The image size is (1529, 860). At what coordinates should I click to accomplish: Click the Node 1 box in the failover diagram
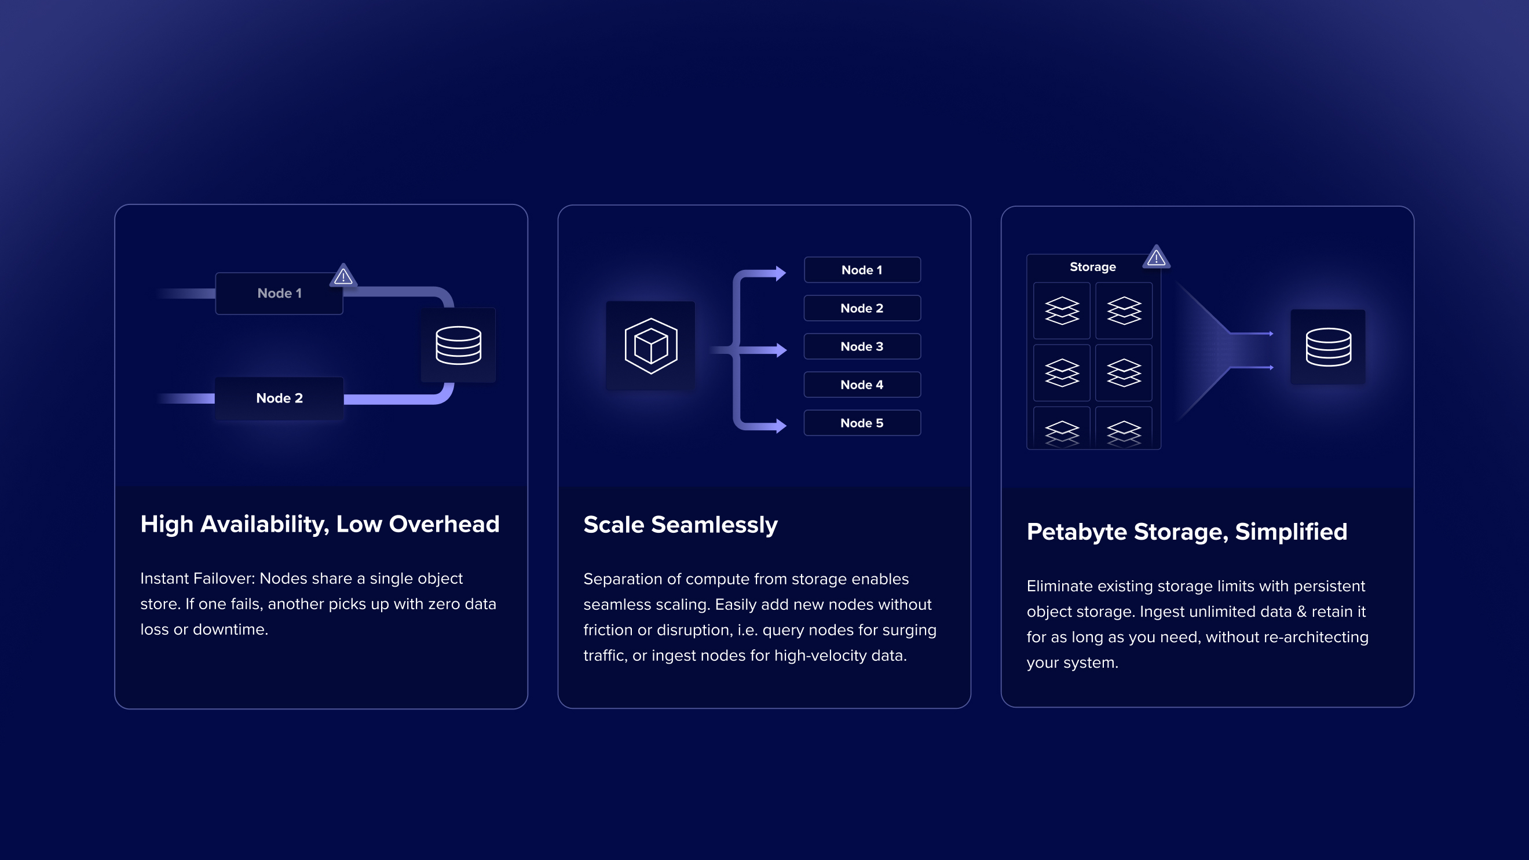tap(279, 293)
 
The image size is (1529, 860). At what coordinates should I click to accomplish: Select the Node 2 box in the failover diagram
tap(279, 398)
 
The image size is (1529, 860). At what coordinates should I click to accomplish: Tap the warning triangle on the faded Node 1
tap(343, 276)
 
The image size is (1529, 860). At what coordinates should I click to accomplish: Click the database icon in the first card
tap(458, 345)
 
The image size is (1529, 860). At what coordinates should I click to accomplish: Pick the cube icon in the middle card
tap(650, 346)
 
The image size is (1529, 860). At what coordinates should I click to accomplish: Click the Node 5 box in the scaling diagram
tap(862, 423)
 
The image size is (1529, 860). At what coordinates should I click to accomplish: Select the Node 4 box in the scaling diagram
tap(862, 385)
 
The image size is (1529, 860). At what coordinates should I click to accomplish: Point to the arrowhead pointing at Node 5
tap(781, 426)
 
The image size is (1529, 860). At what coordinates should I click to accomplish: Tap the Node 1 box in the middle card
tap(862, 270)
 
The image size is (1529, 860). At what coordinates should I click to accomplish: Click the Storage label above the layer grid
tap(1092, 267)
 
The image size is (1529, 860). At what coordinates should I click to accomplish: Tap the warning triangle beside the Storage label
tap(1155, 258)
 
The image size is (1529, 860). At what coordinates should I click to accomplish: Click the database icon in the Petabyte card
tap(1328, 347)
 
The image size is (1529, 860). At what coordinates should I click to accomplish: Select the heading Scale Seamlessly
tap(680, 525)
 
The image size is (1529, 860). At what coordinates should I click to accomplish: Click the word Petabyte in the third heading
tap(1077, 532)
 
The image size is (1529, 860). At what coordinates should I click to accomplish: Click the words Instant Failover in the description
tap(196, 578)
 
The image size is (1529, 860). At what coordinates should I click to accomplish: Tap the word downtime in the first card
tap(231, 629)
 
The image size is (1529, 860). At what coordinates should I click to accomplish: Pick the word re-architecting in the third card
tap(1316, 637)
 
